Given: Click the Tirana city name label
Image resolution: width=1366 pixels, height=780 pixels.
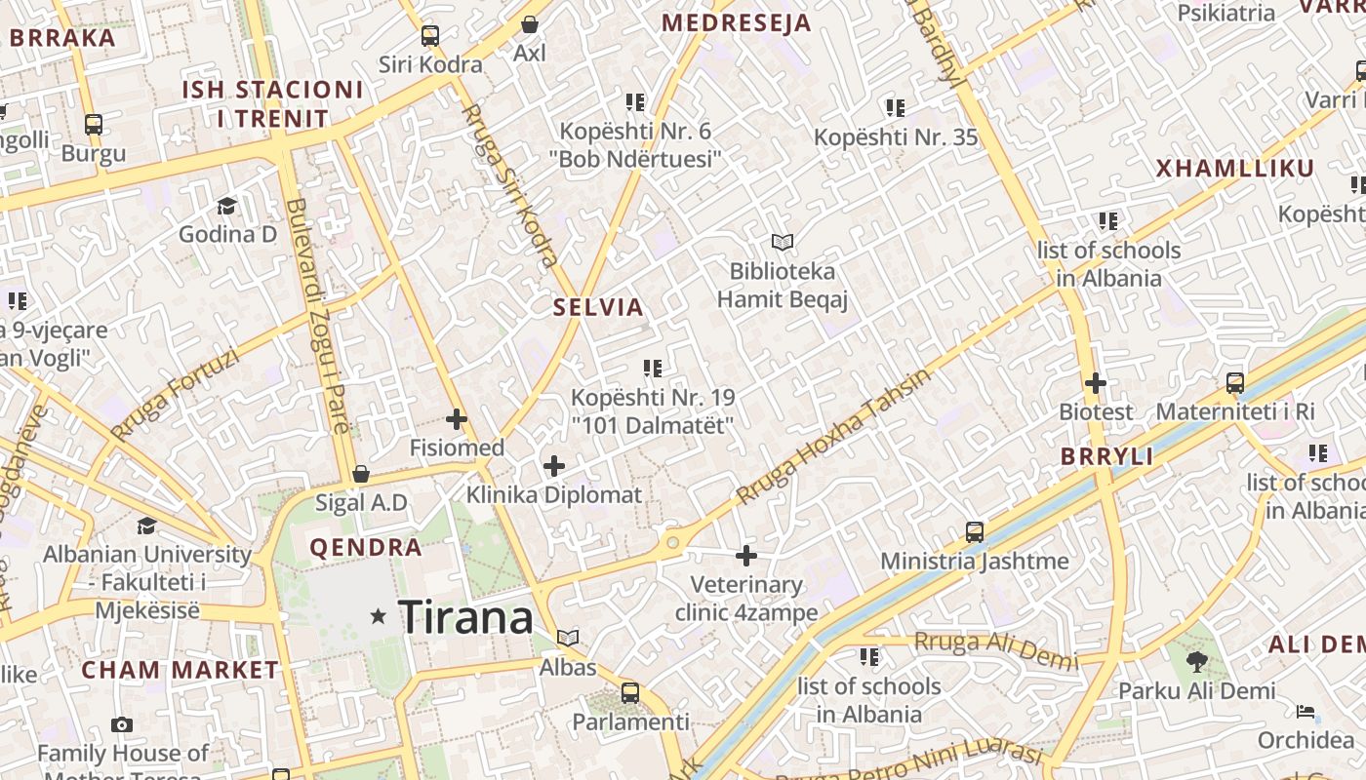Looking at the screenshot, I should pos(466,617).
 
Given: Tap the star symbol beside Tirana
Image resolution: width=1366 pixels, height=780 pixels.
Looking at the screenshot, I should pos(379,616).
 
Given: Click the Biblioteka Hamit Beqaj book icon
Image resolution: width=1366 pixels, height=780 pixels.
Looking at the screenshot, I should pos(783,242).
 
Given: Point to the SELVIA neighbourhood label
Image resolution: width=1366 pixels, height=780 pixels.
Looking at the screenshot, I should pos(599,308).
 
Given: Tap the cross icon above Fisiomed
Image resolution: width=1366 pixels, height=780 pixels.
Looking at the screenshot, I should pos(456,420).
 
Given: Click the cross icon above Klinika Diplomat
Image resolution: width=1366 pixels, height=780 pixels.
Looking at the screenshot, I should pos(554,466).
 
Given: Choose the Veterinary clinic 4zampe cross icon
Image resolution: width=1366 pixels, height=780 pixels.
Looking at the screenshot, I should pos(746,556).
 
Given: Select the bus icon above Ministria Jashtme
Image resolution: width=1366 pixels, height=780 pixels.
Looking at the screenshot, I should pos(974,532).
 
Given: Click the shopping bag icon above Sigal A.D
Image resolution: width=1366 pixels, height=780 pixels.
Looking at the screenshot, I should pos(361,475).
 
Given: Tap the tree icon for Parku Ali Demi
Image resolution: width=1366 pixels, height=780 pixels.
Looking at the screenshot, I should pos(1197,662).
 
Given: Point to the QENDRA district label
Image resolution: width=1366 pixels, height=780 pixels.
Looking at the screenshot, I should pos(366,548).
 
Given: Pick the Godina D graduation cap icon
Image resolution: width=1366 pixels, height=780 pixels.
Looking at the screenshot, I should pos(227,206).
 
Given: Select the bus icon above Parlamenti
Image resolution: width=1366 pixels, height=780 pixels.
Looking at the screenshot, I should pos(630,693).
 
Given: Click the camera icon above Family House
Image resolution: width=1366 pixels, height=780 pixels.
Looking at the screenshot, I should pos(122,724).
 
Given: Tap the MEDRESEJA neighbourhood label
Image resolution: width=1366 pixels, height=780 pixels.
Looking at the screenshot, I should pos(737,23).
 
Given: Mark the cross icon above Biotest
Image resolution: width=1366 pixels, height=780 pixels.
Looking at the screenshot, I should pos(1096,383).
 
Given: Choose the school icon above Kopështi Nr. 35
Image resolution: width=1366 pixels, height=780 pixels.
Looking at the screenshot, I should pos(895,108).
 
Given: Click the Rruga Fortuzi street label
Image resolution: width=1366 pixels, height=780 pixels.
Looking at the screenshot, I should pos(175,394).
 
